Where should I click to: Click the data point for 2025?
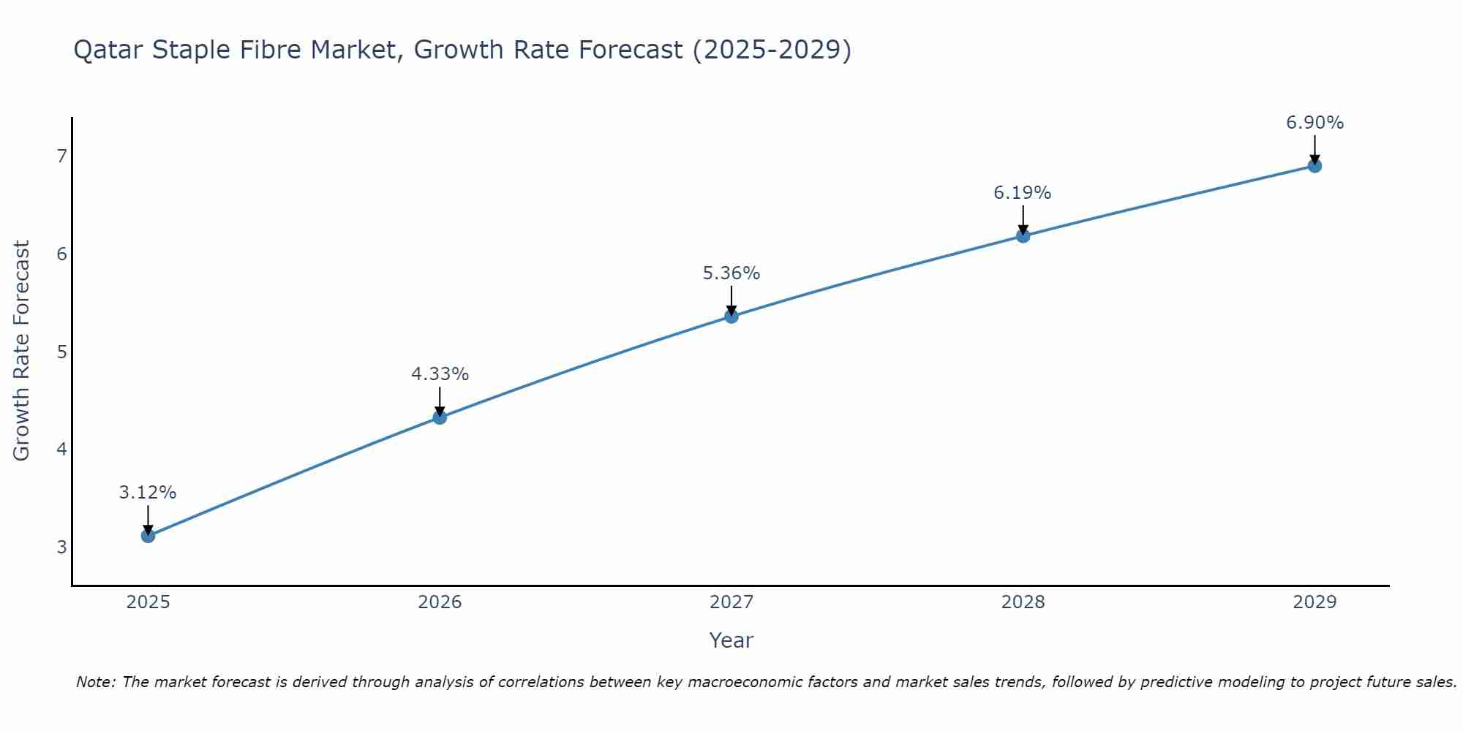point(148,536)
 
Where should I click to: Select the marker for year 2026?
point(440,417)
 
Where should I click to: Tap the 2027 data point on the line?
point(731,317)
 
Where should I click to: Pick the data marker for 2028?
point(1023,235)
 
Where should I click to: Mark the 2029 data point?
point(1315,166)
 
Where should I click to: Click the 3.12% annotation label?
point(148,493)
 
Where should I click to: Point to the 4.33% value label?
point(440,374)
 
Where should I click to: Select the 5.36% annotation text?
point(731,273)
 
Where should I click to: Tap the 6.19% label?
point(1022,193)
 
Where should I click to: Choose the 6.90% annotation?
point(1315,123)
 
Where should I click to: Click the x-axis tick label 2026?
point(440,602)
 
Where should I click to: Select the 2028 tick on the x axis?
point(1023,602)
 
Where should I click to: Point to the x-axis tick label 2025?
point(148,602)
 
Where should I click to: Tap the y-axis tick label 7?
point(61,156)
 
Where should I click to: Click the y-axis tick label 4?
point(61,449)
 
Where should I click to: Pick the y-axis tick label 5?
point(61,352)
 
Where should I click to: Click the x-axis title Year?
point(731,640)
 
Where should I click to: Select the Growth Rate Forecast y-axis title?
point(22,351)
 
